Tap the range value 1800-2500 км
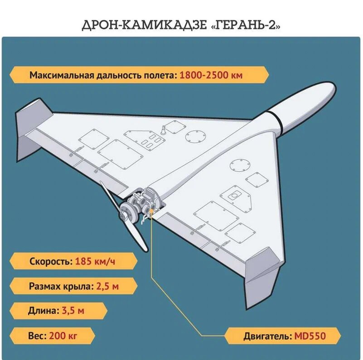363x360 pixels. coord(211,75)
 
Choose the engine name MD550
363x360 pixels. coord(310,336)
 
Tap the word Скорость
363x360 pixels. coord(50,262)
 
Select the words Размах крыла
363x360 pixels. coord(61,286)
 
